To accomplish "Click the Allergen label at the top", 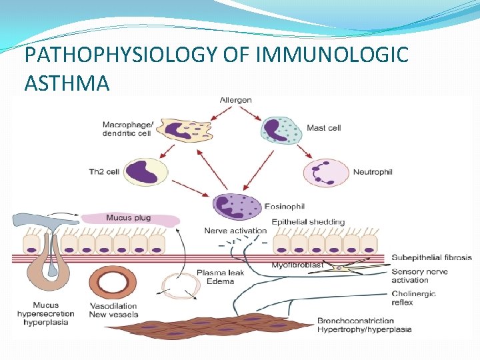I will (x=235, y=101).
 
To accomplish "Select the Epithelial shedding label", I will (x=308, y=222).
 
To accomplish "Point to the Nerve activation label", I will (x=235, y=231).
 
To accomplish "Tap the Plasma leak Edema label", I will (x=220, y=277).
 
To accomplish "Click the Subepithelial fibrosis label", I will (x=431, y=257).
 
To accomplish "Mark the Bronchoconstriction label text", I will (x=355, y=321).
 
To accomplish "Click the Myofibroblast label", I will (x=297, y=265).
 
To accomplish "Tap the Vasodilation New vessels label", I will (x=115, y=310).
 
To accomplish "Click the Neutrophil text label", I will (x=373, y=172).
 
